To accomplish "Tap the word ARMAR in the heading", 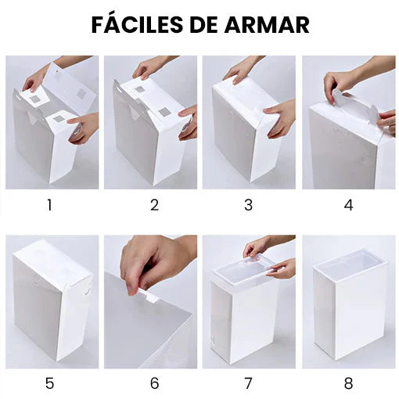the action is pos(267,24).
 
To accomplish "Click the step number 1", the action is pos(49,205).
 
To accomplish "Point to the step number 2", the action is pos(154,205).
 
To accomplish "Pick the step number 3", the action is pos(248,205).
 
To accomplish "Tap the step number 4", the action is pos(348,205).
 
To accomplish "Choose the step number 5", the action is pos(49,383).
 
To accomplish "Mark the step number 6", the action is pos(154,383).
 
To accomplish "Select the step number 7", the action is pos(248,383).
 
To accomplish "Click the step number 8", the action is pos(348,383).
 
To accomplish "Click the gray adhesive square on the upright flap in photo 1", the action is pos(81,92).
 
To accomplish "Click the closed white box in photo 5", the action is pos(52,300).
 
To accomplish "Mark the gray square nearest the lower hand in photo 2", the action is pos(164,113).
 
